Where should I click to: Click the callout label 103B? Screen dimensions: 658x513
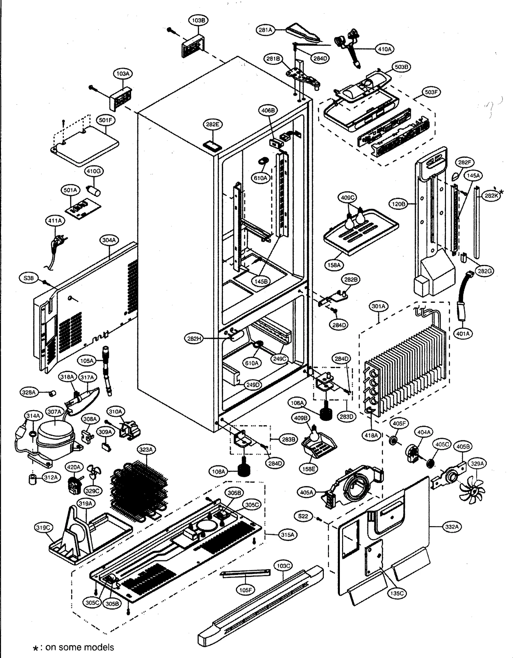pyautogui.click(x=198, y=20)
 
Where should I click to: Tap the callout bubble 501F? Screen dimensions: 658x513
pyautogui.click(x=106, y=120)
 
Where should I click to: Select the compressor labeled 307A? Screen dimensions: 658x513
pyautogui.click(x=55, y=433)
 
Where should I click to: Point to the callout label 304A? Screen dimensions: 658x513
pyautogui.click(x=109, y=240)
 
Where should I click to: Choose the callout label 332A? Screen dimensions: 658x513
pyautogui.click(x=452, y=527)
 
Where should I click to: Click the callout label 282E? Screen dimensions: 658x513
pyautogui.click(x=212, y=124)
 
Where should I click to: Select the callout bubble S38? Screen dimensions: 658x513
pyautogui.click(x=29, y=278)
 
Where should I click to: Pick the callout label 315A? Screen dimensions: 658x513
pyautogui.click(x=287, y=535)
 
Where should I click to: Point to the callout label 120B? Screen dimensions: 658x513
pyautogui.click(x=399, y=204)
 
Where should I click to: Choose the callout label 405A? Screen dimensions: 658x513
pyautogui.click(x=307, y=492)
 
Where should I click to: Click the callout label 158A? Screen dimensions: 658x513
pyautogui.click(x=334, y=265)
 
